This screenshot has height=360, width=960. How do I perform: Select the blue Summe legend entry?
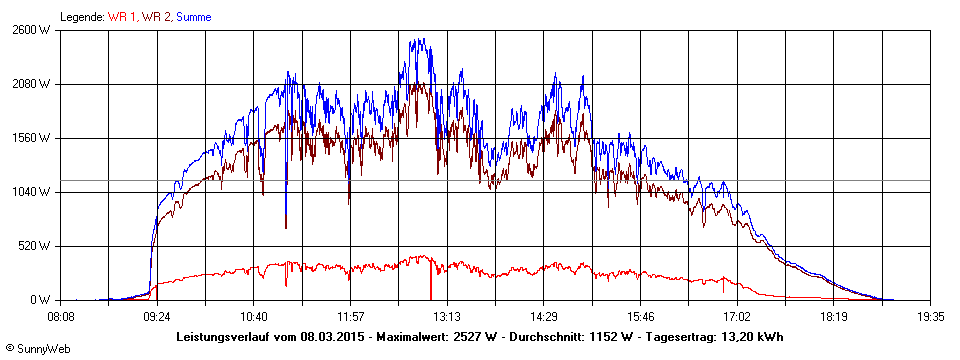tap(195, 17)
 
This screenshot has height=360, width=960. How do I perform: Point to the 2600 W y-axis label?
tap(32, 30)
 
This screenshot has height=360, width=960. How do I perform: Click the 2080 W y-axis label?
tap(32, 84)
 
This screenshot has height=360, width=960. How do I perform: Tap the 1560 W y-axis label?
tap(32, 138)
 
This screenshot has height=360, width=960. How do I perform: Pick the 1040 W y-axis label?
tap(32, 192)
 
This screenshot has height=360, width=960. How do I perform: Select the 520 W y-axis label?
tap(35, 246)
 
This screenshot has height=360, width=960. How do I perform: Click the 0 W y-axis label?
tap(41, 300)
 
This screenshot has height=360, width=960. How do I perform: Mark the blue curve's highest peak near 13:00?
tap(423, 39)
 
